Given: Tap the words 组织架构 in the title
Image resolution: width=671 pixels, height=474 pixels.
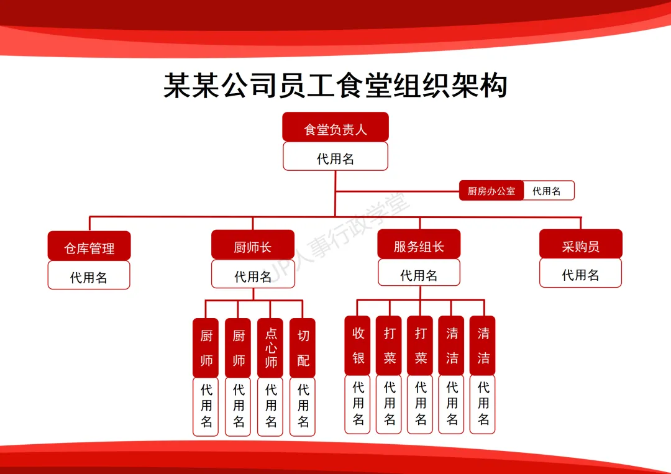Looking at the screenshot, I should click(450, 85).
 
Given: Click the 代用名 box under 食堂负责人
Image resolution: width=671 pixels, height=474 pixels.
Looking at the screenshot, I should click(335, 157).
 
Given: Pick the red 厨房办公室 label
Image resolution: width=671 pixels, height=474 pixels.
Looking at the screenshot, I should click(491, 191).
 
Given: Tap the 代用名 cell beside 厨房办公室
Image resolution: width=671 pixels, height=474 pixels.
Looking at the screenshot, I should click(547, 191).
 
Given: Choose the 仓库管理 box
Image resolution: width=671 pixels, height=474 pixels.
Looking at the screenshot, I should click(89, 246).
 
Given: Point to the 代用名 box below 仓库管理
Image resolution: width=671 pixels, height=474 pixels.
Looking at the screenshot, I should click(89, 275).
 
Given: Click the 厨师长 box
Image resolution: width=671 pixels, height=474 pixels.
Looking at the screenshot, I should click(252, 245).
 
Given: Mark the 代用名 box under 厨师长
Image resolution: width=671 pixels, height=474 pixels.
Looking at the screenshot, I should click(252, 275).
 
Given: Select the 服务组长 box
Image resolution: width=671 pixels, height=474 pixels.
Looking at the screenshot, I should click(419, 244).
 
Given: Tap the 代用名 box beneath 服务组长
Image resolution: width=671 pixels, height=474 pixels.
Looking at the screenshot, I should click(419, 273).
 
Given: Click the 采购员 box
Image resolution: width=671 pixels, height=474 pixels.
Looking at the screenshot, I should click(580, 244).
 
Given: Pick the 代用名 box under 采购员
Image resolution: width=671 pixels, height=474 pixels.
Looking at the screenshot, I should click(580, 273).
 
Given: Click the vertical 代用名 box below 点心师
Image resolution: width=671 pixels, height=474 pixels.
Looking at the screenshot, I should click(270, 406).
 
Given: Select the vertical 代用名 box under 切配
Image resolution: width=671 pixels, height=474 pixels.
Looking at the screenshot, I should click(303, 406).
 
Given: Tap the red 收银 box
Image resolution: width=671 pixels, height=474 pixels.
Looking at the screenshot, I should click(357, 345).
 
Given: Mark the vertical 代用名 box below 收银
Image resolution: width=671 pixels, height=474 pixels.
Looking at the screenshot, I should click(357, 404).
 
